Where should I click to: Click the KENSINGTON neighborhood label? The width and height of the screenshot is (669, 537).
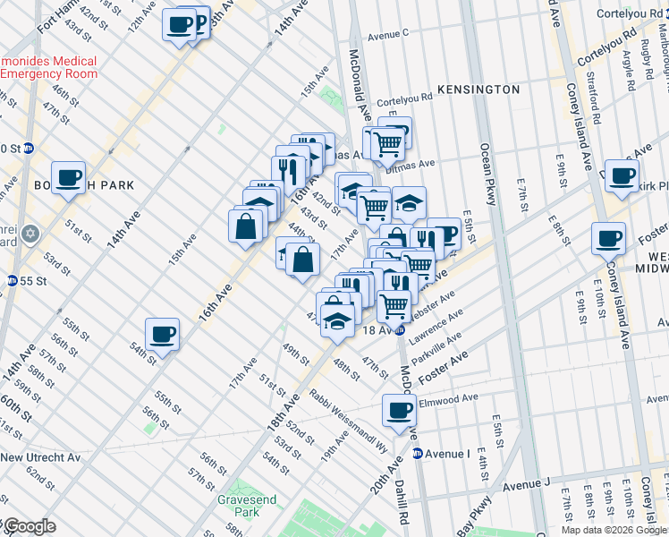(x=478, y=89)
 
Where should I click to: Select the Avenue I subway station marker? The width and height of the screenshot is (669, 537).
(x=418, y=454)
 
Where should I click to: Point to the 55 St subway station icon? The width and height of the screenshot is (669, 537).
(x=12, y=280)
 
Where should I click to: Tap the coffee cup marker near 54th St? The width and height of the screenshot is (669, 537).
(x=162, y=335)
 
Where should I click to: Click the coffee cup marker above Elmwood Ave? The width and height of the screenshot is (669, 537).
(x=399, y=411)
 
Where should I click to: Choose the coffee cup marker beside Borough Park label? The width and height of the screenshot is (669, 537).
(x=68, y=177)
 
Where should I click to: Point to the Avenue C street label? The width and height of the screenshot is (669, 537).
(x=387, y=34)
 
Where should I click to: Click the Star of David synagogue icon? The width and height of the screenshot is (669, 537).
(x=31, y=234)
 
